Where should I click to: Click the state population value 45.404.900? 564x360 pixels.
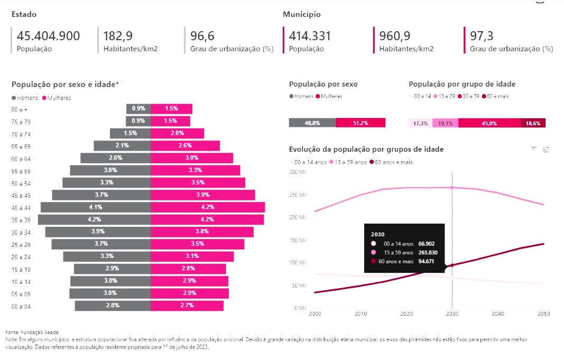click(48, 36)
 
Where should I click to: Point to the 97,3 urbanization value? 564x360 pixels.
click(482, 36)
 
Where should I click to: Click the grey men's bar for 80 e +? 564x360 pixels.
click(138, 108)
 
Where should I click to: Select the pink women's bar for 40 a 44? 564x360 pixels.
click(208, 207)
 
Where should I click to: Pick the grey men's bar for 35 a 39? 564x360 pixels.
click(95, 219)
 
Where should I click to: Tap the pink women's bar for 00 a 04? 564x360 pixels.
click(187, 306)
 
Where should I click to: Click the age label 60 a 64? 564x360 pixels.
click(22, 159)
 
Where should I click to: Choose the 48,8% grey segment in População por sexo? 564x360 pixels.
click(312, 123)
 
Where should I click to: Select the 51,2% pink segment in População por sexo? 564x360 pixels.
click(360, 123)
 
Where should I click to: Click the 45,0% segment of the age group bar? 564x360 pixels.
click(489, 123)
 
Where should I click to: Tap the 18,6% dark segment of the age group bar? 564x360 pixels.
click(533, 123)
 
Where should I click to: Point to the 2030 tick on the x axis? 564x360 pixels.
click(452, 314)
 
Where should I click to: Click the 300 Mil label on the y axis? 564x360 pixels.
click(299, 172)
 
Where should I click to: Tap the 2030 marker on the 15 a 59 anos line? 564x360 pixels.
click(452, 188)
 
